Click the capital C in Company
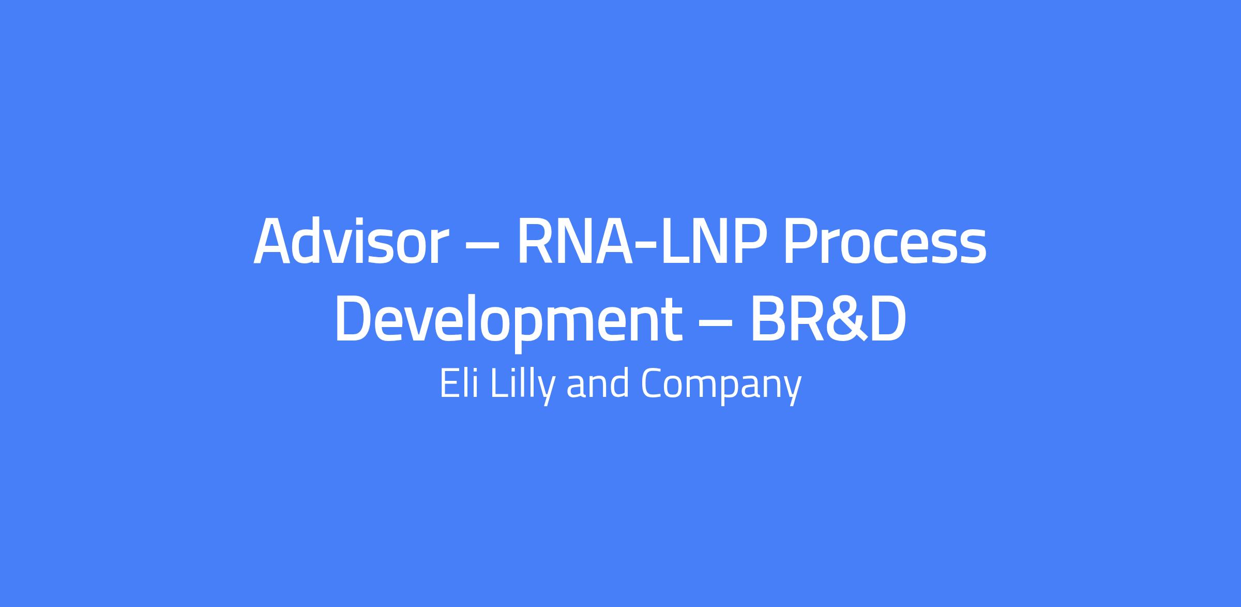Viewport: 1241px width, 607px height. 654,383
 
